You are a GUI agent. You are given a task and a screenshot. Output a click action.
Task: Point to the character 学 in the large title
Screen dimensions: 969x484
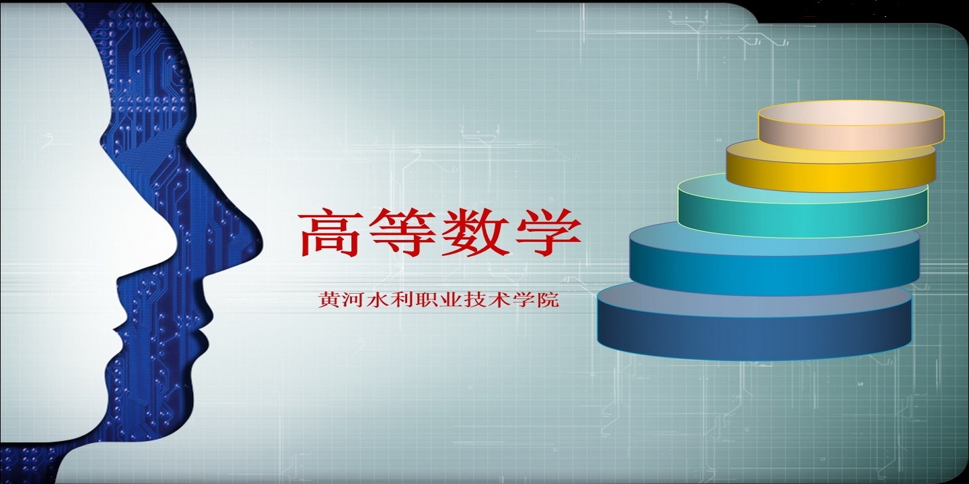(548, 233)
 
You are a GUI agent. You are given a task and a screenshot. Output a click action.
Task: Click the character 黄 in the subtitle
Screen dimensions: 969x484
(330, 300)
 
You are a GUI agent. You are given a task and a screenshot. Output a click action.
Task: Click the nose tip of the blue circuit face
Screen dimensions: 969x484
(262, 242)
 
